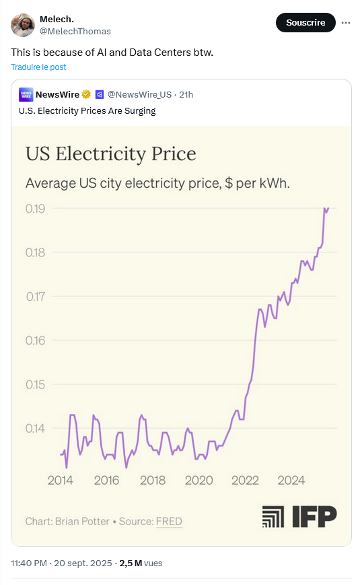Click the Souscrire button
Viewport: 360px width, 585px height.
click(x=305, y=22)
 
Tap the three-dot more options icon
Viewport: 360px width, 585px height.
click(x=346, y=22)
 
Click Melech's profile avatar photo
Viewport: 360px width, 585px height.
click(x=22, y=25)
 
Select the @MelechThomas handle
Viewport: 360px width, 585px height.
click(x=75, y=32)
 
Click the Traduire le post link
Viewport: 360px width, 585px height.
click(x=38, y=67)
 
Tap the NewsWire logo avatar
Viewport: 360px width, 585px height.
click(x=26, y=94)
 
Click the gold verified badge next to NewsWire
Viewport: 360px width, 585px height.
click(x=86, y=94)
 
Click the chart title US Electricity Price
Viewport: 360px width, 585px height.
click(x=110, y=154)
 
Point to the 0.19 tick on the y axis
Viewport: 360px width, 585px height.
click(x=35, y=209)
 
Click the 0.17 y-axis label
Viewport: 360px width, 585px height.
click(x=35, y=296)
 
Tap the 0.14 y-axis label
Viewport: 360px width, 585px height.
click(x=35, y=428)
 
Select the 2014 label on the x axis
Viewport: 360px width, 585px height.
click(x=61, y=480)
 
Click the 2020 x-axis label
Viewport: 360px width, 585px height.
click(x=199, y=480)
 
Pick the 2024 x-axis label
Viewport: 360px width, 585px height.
click(x=291, y=480)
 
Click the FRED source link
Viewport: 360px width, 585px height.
click(x=169, y=521)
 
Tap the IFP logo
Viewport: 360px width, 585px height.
click(x=299, y=516)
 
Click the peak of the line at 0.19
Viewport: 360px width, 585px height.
click(x=326, y=209)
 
